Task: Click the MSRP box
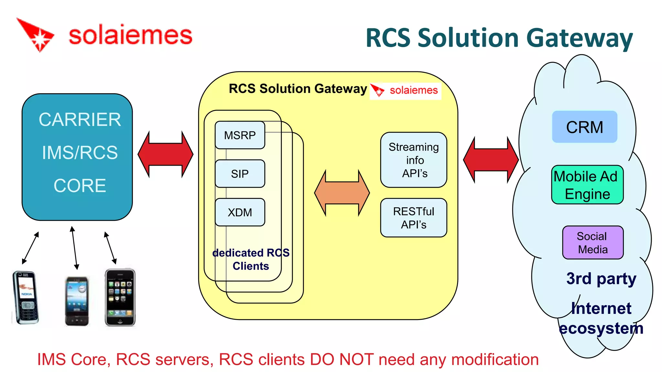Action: [240, 135]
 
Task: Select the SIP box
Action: [240, 174]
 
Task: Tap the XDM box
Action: [240, 212]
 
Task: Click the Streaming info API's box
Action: [413, 160]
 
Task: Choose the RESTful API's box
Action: [413, 218]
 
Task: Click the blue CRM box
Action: [584, 127]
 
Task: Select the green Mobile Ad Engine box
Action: [587, 185]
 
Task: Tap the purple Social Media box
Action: [593, 243]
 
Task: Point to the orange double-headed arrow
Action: [342, 193]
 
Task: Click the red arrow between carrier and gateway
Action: [165, 154]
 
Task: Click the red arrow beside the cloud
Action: [491, 160]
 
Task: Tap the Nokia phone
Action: [26, 297]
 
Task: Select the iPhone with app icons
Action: [120, 297]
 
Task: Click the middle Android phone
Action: [77, 300]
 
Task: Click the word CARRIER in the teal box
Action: [80, 120]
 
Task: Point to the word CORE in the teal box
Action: [80, 186]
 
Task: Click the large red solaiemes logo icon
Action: [37, 35]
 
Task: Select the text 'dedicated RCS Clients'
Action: [251, 259]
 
